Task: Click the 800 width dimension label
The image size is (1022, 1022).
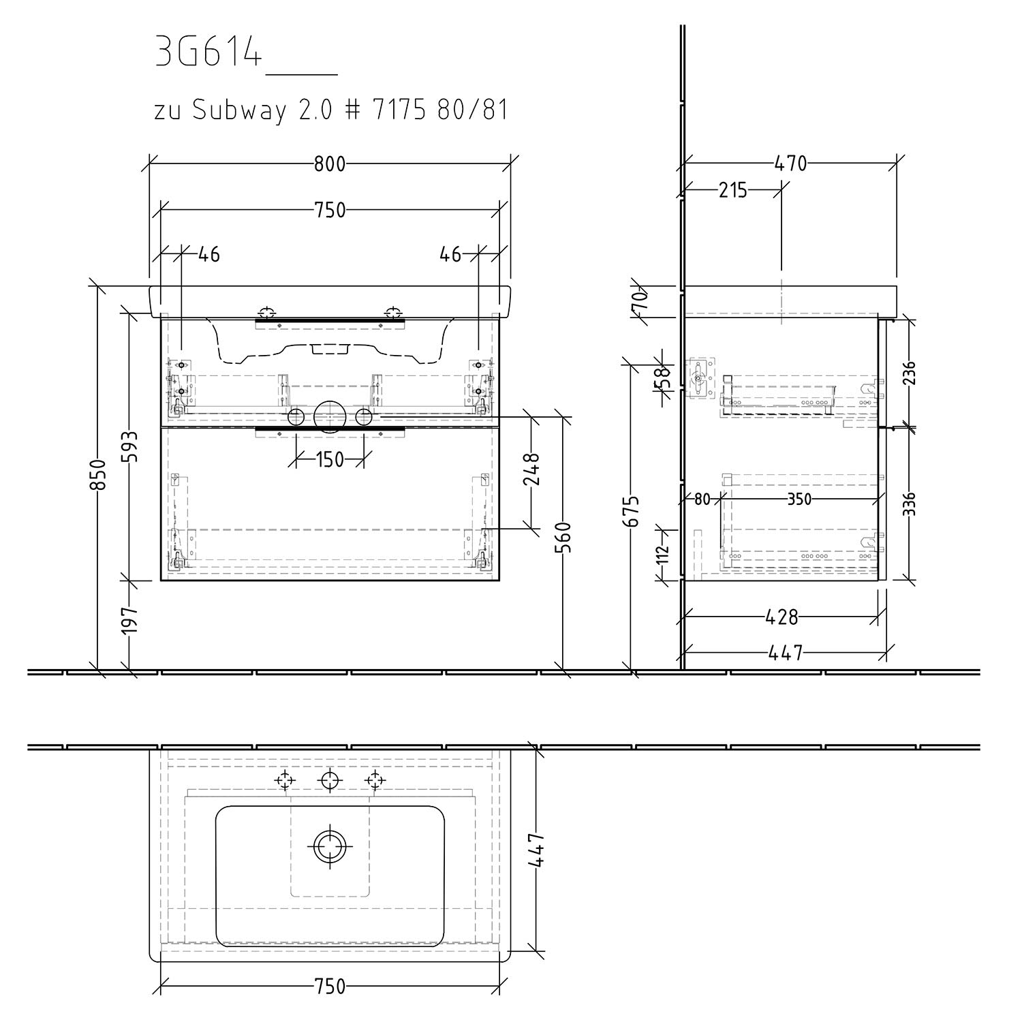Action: point(330,164)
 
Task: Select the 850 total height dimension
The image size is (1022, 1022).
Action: point(99,476)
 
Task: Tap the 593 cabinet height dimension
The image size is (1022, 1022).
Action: point(131,446)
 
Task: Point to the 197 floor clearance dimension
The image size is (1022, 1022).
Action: point(131,619)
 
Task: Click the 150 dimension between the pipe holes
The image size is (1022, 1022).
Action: point(330,460)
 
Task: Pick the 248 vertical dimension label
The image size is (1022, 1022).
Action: point(532,469)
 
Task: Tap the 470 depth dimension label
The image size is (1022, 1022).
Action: point(790,164)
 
